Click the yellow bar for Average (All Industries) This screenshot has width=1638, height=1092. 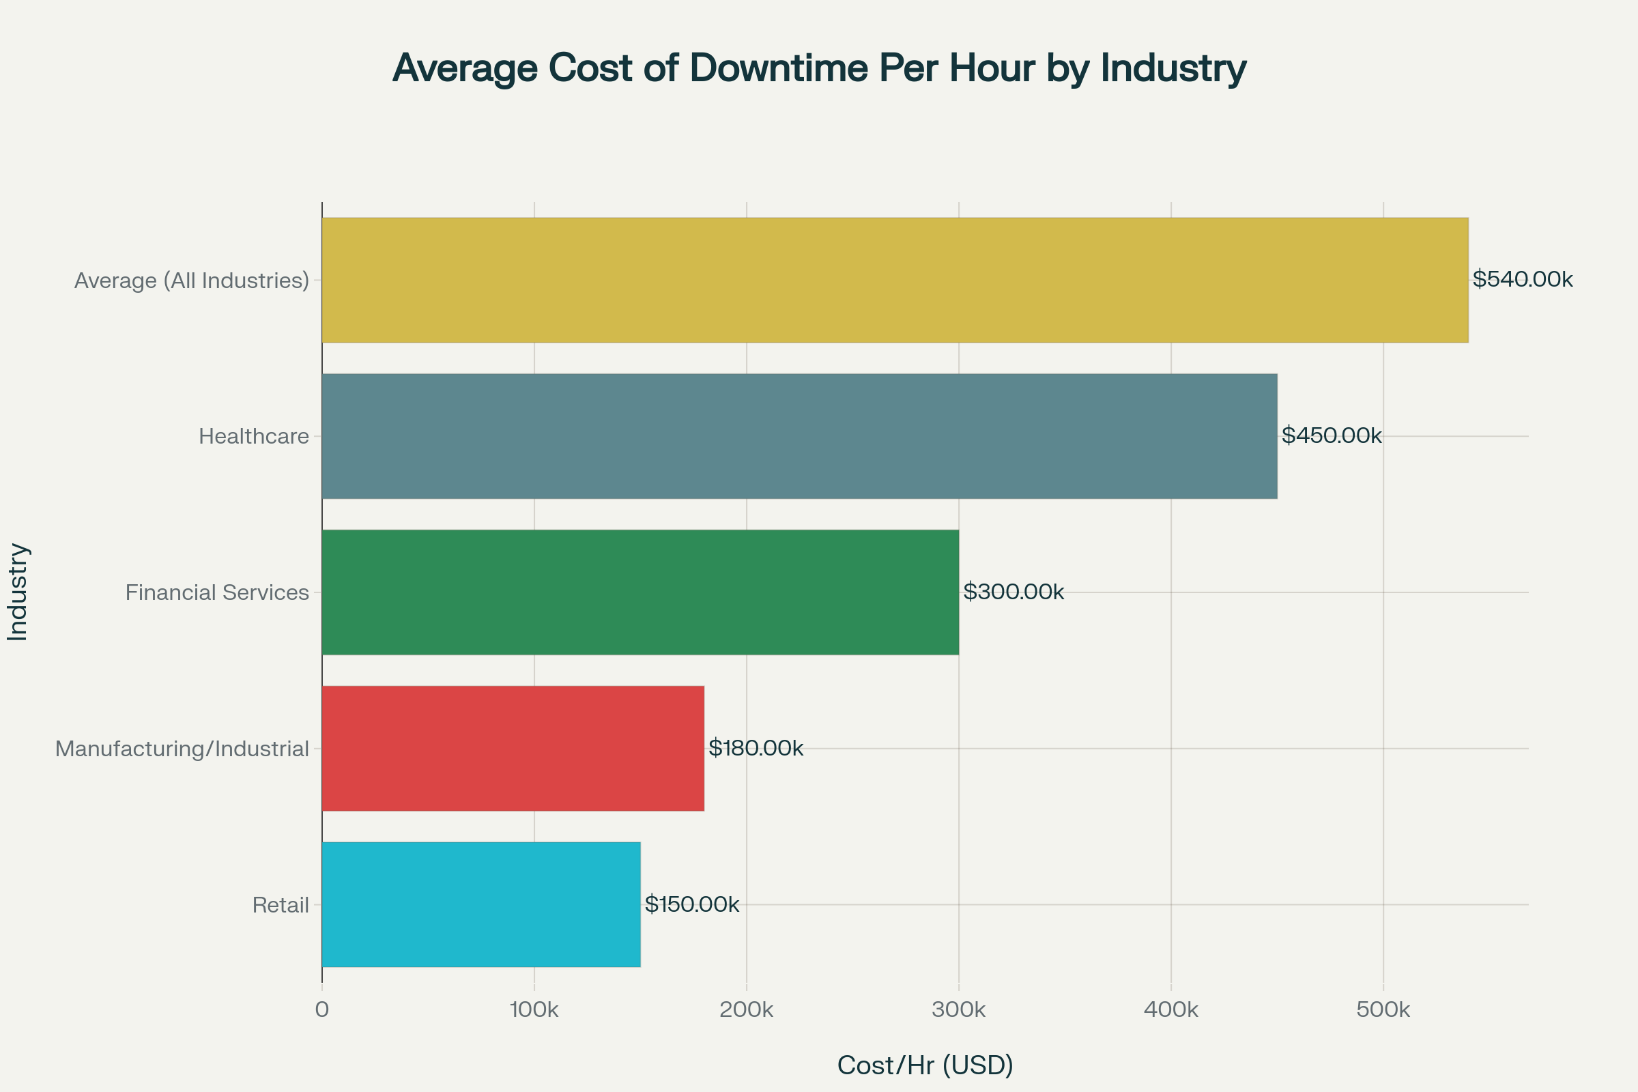click(895, 280)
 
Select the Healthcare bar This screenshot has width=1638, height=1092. click(799, 436)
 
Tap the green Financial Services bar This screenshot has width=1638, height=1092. click(640, 592)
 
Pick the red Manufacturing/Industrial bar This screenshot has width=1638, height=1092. click(513, 748)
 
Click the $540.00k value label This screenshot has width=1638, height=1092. click(1523, 279)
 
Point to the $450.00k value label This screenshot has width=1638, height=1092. click(1332, 435)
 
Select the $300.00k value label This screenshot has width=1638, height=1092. click(1014, 592)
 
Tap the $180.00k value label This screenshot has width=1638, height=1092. click(756, 748)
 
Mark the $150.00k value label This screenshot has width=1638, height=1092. click(691, 904)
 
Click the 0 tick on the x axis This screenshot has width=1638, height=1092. click(321, 1010)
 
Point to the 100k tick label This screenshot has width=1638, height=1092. click(534, 1010)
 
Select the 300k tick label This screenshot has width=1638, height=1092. click(958, 1010)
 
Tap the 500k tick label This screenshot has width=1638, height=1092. click(1383, 1010)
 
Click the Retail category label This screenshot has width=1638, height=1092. click(280, 906)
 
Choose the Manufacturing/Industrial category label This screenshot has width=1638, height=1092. click(182, 749)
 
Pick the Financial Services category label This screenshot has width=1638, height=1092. click(216, 592)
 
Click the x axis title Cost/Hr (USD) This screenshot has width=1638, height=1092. click(925, 1065)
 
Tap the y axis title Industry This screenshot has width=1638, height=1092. click(18, 592)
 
